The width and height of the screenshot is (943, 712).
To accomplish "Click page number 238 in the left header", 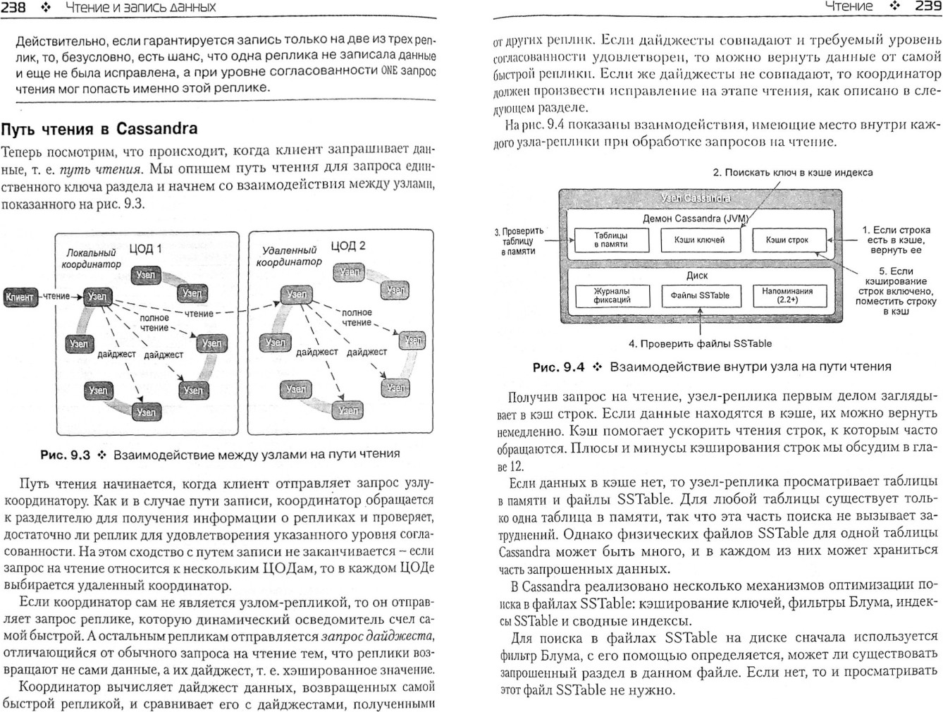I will tap(14, 8).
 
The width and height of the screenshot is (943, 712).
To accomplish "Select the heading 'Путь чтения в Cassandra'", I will tap(99, 129).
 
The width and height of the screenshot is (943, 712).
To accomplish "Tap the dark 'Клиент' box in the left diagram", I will tap(19, 297).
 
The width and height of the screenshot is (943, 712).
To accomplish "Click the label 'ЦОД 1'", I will tap(145, 249).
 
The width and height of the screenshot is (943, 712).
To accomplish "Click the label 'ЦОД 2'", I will tap(348, 246).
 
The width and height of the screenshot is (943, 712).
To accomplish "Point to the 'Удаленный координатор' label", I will tap(289, 256).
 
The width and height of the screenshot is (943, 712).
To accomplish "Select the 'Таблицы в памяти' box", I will tap(610, 240).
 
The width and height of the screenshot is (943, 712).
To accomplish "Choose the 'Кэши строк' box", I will tap(787, 240).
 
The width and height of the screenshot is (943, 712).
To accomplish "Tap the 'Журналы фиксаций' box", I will tap(611, 295).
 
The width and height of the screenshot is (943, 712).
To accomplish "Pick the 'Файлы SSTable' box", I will tap(699, 295).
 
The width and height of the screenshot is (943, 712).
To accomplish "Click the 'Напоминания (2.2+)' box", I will tap(787, 295).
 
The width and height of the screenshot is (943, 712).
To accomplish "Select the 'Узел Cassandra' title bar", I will tap(696, 198).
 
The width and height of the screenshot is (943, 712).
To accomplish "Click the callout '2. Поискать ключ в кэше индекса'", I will tap(792, 173).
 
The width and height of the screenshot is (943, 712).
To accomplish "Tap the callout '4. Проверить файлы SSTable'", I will tap(700, 344).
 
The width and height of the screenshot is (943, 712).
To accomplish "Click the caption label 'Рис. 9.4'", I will tap(558, 367).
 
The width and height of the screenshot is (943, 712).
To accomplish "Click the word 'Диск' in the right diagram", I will tap(696, 276).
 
